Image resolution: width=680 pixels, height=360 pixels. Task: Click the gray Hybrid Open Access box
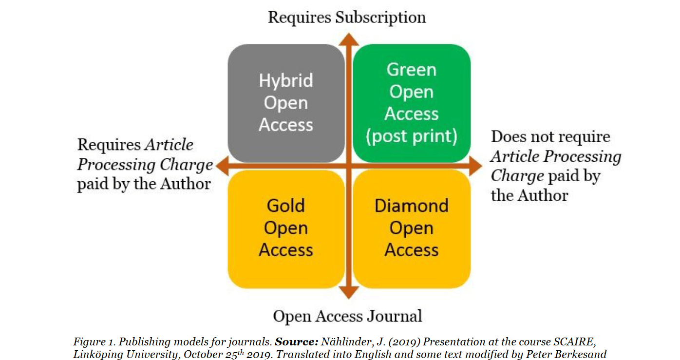coord(286,103)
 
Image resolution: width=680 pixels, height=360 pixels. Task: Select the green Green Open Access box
coord(412,103)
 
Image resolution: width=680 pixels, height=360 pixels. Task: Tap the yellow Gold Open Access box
coord(286,228)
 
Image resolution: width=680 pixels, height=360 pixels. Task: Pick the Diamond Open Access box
coord(412,228)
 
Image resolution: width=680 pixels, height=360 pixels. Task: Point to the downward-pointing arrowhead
coord(348,292)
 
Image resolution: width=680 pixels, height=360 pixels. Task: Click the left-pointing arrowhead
coord(222,166)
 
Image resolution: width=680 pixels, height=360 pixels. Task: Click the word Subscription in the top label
coord(381,18)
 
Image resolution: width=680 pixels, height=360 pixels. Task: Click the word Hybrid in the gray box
coord(286,80)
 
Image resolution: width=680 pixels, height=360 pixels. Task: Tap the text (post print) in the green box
coord(412,136)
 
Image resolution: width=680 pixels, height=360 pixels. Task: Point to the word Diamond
coord(412,206)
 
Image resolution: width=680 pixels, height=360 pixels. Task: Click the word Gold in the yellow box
coord(286,206)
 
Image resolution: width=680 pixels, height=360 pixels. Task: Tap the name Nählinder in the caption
coord(344,342)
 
